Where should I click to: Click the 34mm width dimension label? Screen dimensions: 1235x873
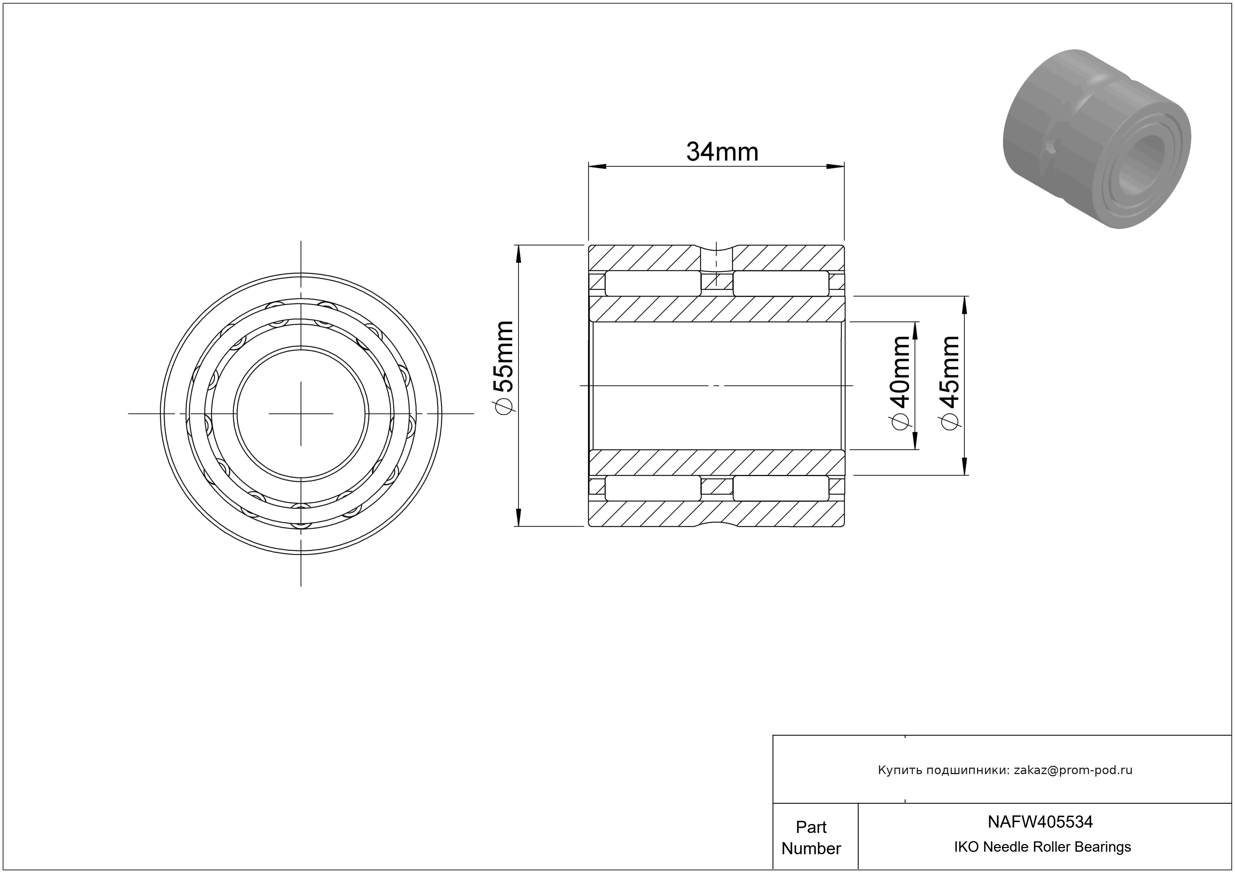(722, 152)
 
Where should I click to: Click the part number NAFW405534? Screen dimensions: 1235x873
(1040, 822)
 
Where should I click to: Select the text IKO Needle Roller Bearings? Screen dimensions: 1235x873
(1042, 847)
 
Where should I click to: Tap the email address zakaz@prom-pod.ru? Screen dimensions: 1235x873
(1073, 770)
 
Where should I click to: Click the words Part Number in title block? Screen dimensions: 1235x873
(811, 838)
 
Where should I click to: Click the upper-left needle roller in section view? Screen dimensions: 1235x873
(653, 283)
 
